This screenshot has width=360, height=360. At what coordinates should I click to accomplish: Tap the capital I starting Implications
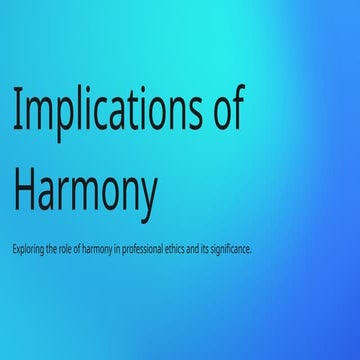(16, 109)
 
